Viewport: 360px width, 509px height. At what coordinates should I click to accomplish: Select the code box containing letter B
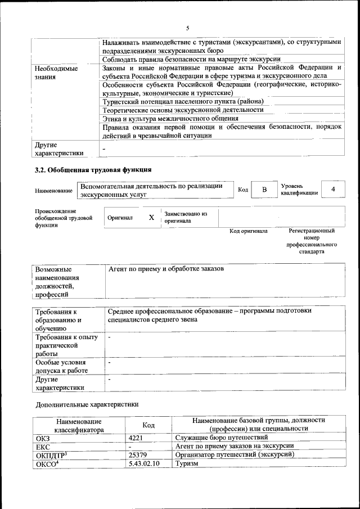[264, 190]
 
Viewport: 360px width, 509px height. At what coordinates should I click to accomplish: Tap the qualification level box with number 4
[333, 190]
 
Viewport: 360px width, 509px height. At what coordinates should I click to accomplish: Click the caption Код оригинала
[249, 231]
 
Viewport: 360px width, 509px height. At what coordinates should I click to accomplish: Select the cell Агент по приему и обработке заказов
[166, 269]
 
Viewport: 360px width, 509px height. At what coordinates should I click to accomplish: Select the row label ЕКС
[43, 446]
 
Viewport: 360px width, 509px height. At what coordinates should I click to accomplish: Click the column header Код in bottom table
[148, 425]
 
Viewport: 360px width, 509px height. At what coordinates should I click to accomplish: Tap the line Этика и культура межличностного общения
[170, 119]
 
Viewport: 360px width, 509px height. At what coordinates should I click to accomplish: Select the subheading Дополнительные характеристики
[86, 404]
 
